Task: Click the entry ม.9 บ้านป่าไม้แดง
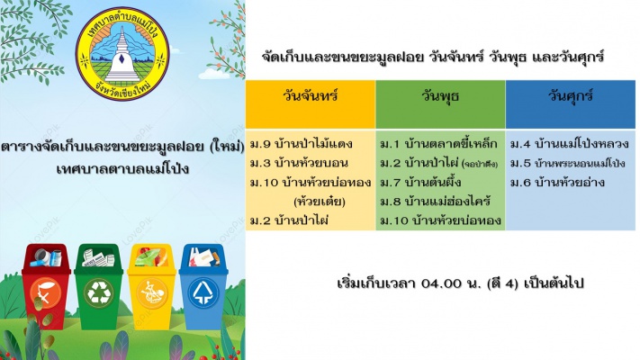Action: click(x=302, y=144)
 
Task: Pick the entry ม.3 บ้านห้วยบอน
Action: click(x=299, y=163)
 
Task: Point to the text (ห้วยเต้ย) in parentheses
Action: click(x=320, y=202)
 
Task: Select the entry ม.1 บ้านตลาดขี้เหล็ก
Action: click(x=438, y=144)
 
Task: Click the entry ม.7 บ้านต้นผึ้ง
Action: click(x=421, y=182)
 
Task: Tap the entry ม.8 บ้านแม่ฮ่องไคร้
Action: click(x=435, y=202)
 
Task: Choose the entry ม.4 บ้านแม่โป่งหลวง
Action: click(x=570, y=144)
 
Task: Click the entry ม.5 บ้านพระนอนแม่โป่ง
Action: click(x=568, y=163)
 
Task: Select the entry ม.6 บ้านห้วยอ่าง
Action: click(x=557, y=182)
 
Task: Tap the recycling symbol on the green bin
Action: click(x=98, y=292)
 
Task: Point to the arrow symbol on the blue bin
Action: click(x=203, y=292)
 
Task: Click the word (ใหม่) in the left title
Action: click(x=227, y=146)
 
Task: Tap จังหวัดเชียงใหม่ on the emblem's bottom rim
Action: click(x=122, y=91)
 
